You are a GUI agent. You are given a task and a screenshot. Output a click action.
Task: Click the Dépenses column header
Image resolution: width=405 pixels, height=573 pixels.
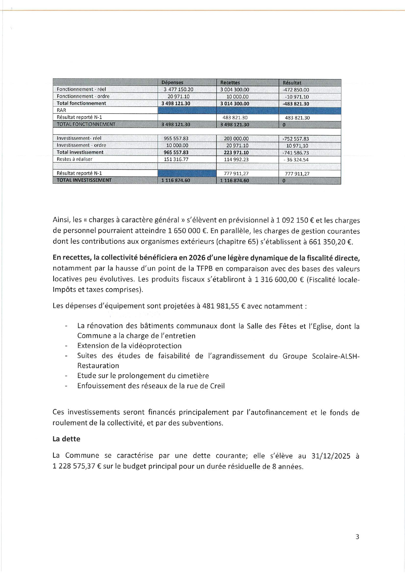click(172, 83)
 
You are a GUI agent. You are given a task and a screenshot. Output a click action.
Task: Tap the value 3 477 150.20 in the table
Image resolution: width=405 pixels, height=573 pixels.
click(178, 90)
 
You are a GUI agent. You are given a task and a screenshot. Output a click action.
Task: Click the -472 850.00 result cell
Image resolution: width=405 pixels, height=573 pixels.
click(296, 90)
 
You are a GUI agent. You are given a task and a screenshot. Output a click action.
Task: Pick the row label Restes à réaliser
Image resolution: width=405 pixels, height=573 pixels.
click(74, 159)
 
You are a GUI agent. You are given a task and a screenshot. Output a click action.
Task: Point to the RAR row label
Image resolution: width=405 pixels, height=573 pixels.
click(61, 110)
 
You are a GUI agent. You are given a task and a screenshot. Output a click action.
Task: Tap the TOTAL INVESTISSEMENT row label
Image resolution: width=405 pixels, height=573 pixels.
click(84, 180)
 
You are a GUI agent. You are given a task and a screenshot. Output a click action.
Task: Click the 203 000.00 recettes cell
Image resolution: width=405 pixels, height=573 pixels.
click(236, 139)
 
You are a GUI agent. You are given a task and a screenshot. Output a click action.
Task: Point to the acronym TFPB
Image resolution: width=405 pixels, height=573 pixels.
click(206, 269)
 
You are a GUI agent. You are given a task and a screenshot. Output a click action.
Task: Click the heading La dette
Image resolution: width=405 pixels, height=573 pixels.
click(66, 439)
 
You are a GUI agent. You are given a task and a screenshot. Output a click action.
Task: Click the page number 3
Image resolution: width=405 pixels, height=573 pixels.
click(357, 537)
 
